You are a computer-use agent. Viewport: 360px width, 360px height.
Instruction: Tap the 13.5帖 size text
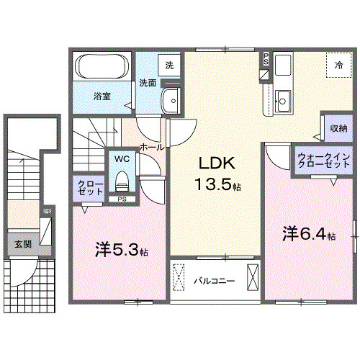click(217, 184)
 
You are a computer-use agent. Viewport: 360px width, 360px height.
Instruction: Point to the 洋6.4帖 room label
click(308, 233)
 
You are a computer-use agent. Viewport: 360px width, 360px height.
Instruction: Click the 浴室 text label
click(101, 96)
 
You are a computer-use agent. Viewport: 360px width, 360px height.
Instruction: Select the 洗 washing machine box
click(169, 64)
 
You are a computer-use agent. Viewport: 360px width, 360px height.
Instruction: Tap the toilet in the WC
click(122, 177)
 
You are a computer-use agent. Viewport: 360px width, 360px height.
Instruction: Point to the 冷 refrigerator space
click(338, 65)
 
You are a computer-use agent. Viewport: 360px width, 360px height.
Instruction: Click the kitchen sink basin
click(283, 100)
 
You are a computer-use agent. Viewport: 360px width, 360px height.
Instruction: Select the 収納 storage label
click(338, 127)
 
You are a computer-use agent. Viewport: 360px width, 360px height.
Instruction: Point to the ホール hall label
click(151, 146)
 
